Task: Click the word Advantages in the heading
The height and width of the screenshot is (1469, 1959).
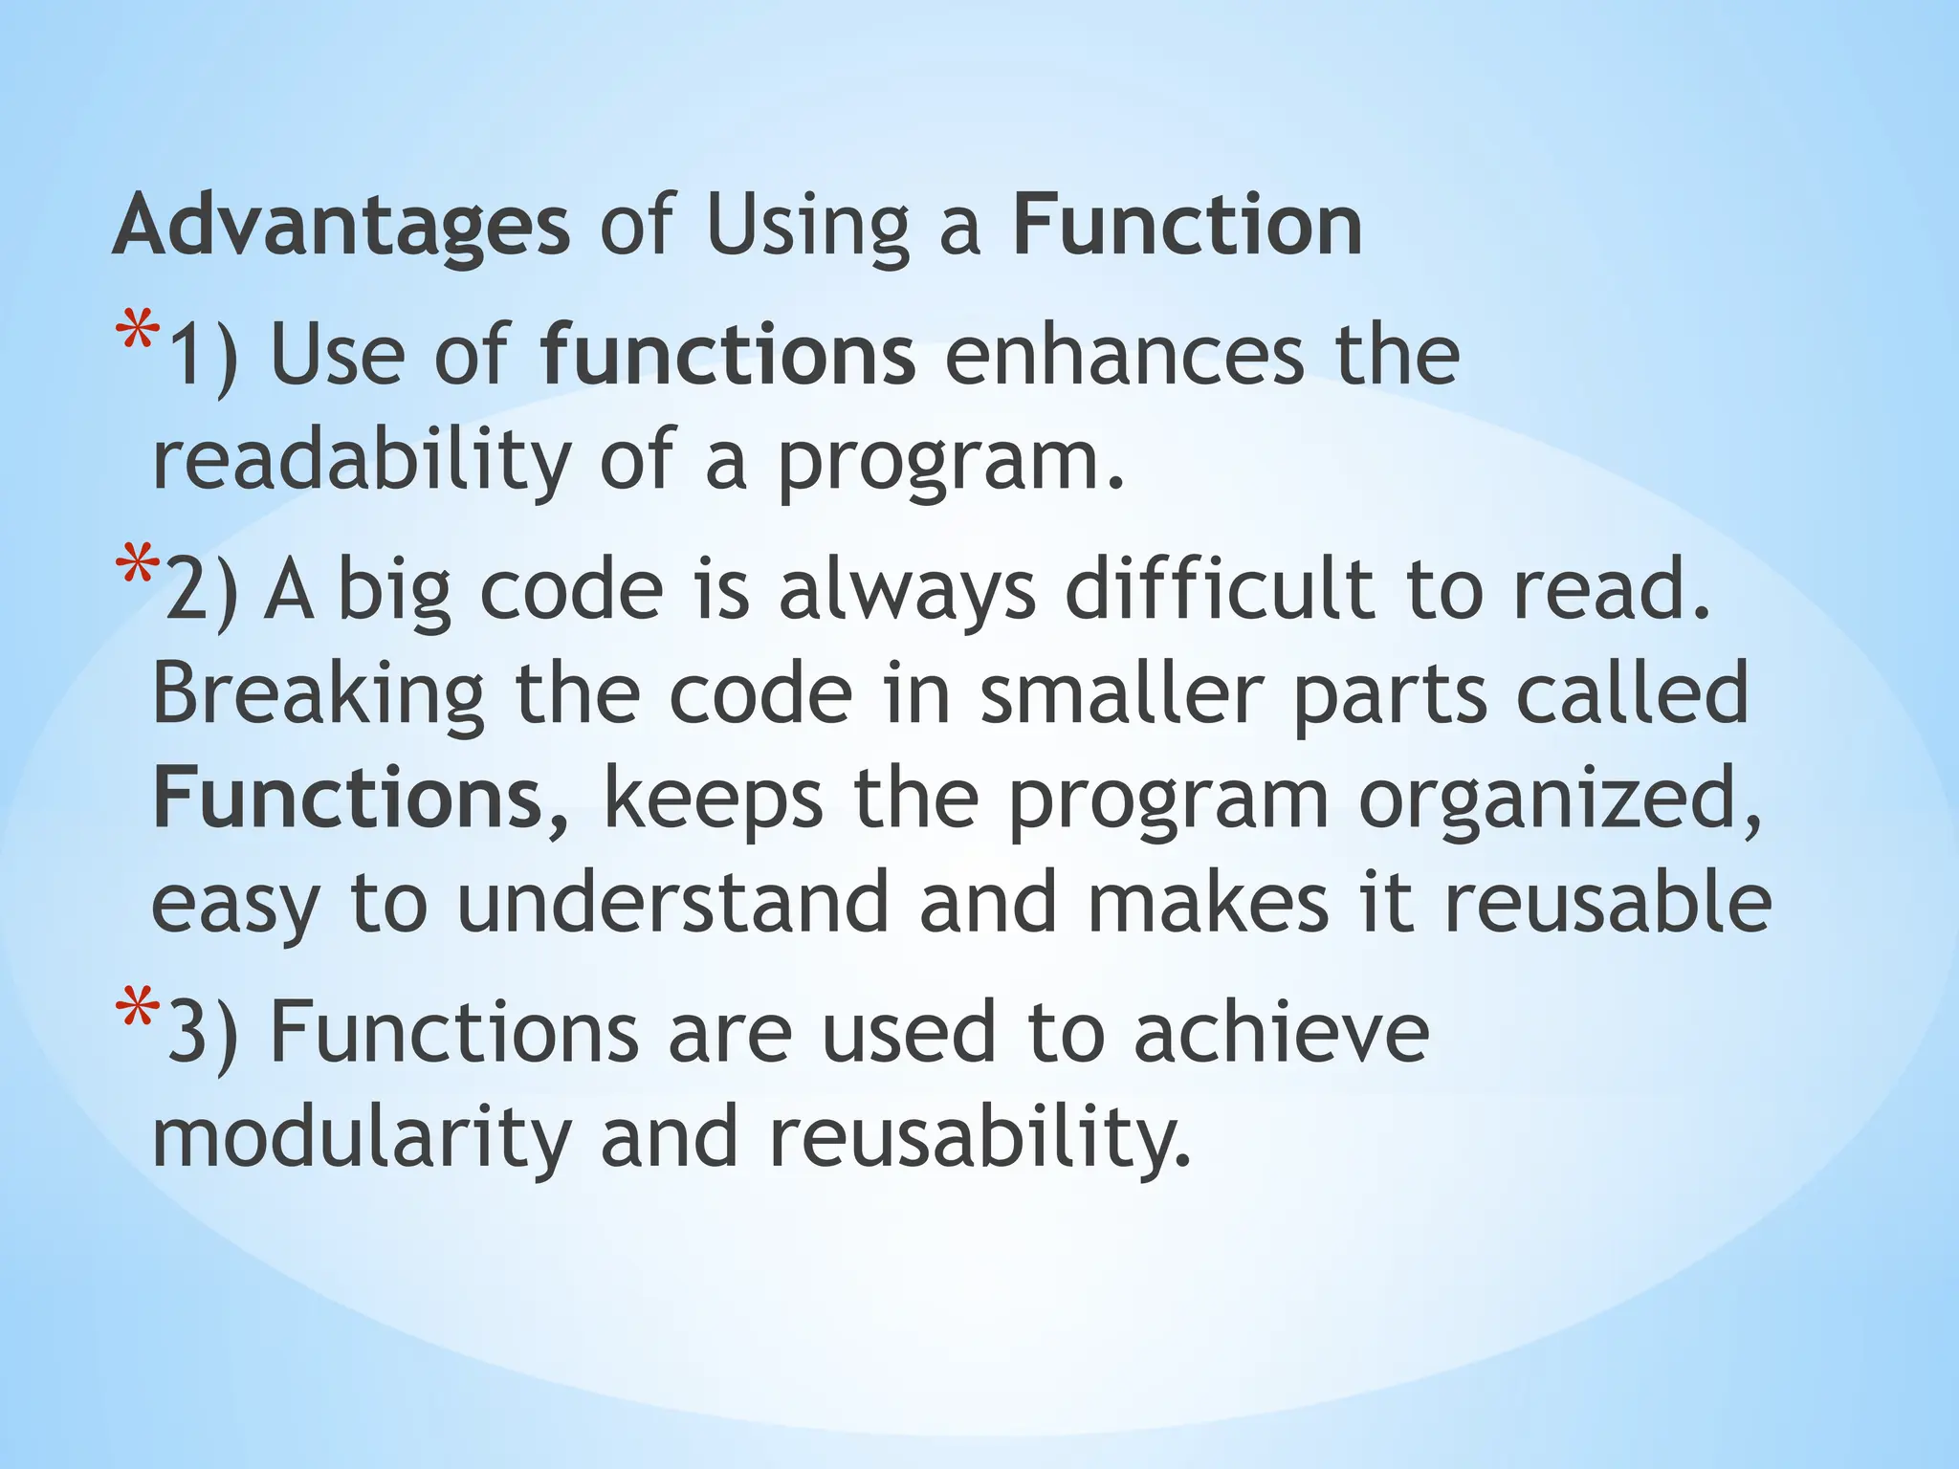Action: [341, 226]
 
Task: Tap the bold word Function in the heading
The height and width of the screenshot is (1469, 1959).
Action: [1187, 226]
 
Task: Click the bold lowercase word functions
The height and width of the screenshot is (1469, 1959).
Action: [727, 355]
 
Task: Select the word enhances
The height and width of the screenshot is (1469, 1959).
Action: [1124, 355]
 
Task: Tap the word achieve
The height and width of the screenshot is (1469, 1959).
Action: [1281, 1033]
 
